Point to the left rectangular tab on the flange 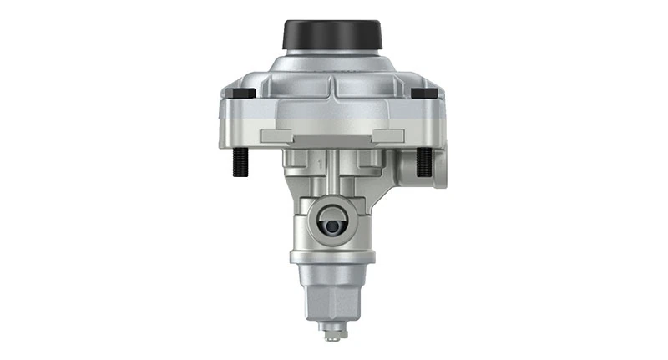279,135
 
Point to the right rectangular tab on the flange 387,135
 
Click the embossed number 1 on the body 321,157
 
